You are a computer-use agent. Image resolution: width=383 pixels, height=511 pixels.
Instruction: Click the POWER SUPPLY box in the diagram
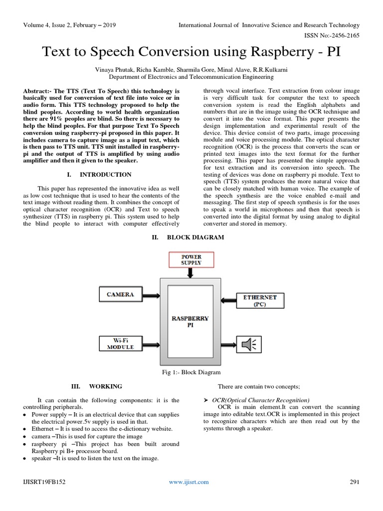(191, 259)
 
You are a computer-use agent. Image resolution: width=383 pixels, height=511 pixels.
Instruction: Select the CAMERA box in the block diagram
(120, 294)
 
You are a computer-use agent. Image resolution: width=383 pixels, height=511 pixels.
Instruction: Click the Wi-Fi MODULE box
(120, 343)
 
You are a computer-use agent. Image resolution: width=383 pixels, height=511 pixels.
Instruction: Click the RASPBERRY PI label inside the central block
(191, 321)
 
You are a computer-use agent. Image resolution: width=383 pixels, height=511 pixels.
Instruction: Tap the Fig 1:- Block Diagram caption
(191, 372)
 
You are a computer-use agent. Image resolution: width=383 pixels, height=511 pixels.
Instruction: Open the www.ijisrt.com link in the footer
(189, 482)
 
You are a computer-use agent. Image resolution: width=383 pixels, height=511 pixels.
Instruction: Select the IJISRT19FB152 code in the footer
(43, 482)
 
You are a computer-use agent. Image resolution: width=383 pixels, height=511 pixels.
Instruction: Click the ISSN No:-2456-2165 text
(331, 35)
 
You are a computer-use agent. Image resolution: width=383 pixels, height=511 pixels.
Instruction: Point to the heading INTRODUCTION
(106, 175)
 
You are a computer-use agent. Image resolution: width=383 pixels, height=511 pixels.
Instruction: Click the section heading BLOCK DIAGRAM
(195, 238)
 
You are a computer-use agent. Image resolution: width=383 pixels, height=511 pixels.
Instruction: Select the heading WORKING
(105, 386)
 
